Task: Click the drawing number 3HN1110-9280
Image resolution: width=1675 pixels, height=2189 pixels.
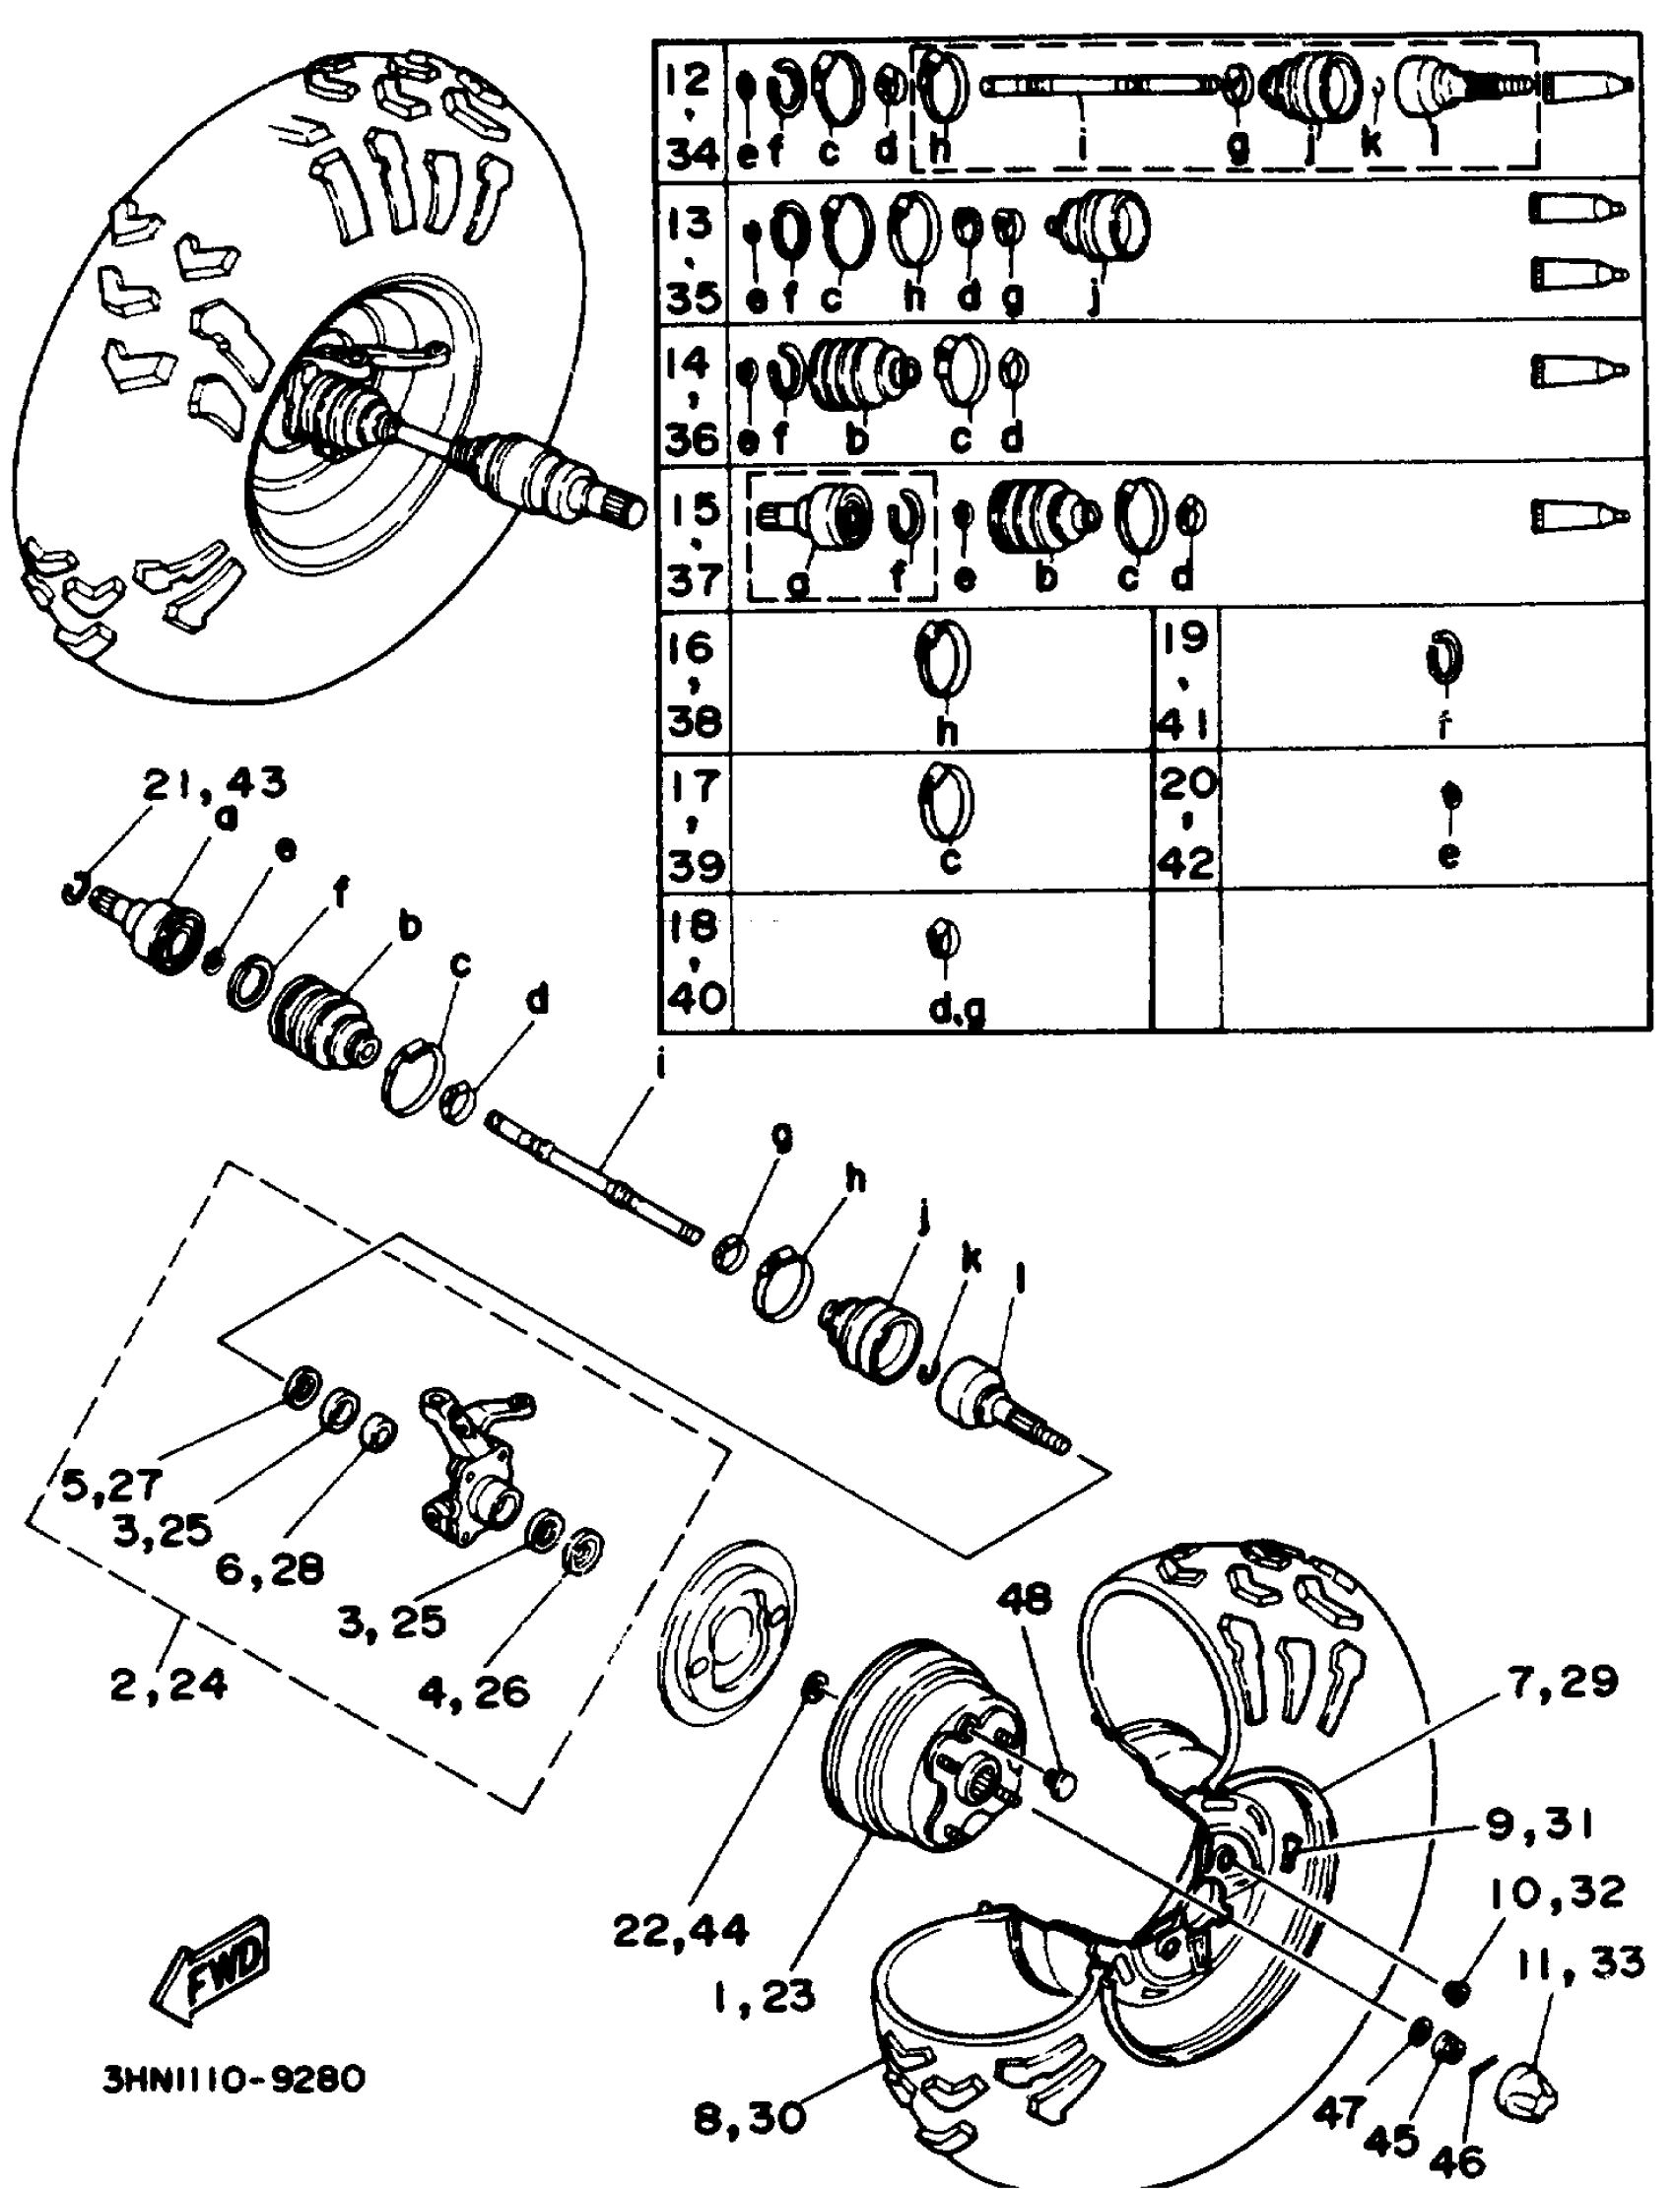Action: coord(234,2079)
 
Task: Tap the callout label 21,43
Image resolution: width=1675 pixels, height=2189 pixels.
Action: coord(215,782)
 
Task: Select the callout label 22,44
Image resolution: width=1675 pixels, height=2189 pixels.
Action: coord(680,1931)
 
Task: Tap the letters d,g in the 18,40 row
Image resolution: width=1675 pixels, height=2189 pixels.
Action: coord(957,1010)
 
